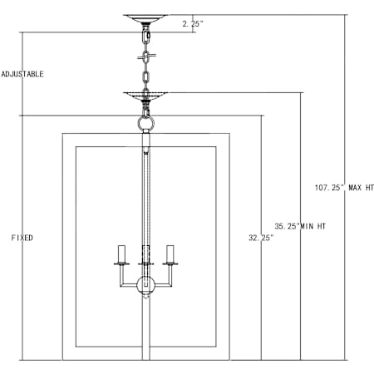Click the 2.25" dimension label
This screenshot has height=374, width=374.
[193, 24]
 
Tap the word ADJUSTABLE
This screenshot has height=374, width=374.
[22, 74]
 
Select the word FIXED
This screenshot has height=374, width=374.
[22, 238]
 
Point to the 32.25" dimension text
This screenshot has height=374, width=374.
[261, 238]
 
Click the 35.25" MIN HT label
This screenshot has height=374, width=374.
[300, 226]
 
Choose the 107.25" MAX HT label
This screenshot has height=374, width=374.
[344, 188]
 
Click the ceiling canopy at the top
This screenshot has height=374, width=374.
[145, 19]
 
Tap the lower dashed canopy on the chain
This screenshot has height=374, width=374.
[145, 96]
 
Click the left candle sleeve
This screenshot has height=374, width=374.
[122, 253]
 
